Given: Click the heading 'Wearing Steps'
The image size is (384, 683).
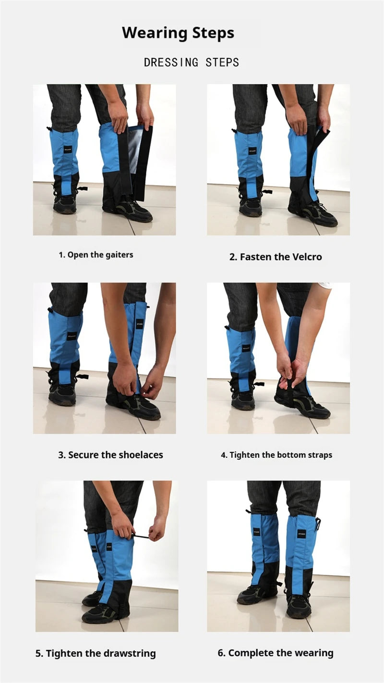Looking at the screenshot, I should [178, 33].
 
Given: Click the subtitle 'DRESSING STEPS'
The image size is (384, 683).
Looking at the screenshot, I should [192, 62].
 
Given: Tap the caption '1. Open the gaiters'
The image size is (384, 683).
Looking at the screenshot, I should [96, 255].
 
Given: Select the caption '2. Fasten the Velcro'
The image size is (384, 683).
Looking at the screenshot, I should [276, 257].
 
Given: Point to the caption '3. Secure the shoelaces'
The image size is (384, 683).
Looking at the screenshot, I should [110, 455].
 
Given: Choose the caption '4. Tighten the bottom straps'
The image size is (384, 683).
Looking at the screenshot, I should [276, 455].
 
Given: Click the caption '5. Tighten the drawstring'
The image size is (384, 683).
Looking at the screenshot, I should [96, 653].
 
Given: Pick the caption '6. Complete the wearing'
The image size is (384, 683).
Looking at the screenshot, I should [276, 653].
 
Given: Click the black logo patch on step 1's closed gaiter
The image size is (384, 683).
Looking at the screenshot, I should [68, 149].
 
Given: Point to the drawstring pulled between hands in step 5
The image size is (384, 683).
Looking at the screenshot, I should [140, 535].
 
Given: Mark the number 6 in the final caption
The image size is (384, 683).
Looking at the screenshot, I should [221, 653].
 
